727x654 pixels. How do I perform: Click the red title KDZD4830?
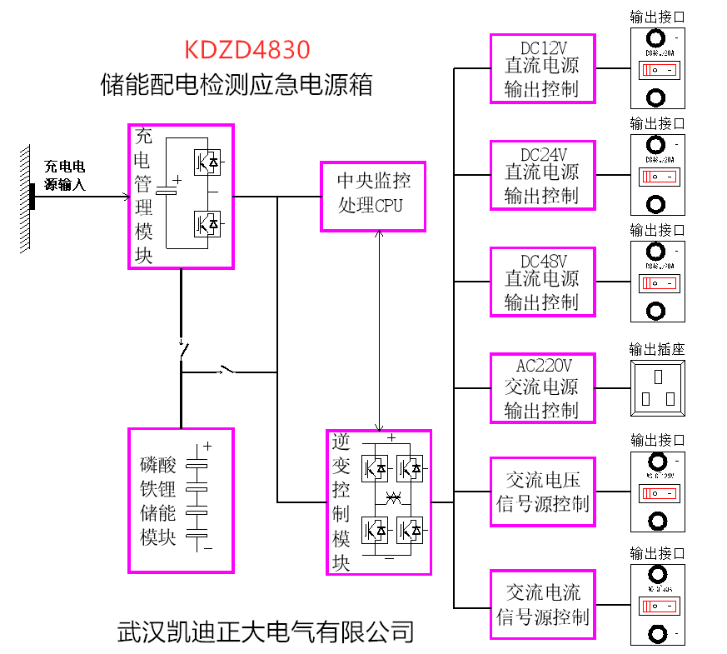(x=248, y=50)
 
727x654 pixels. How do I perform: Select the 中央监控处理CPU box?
(x=374, y=195)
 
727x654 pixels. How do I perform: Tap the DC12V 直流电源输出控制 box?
(x=542, y=67)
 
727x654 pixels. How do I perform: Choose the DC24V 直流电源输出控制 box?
(x=542, y=174)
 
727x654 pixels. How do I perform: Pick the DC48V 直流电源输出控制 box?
(x=542, y=281)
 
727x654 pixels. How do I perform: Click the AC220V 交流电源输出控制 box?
(x=542, y=387)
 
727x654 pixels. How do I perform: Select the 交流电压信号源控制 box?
(x=542, y=492)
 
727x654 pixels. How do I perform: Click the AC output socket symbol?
(x=657, y=387)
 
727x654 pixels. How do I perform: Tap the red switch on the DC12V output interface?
(x=657, y=70)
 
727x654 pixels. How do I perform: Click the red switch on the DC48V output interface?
(x=657, y=283)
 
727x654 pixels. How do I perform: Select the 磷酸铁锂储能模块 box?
(x=181, y=500)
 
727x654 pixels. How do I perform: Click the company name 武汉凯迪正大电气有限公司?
(x=266, y=632)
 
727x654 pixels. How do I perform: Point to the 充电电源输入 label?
(x=65, y=176)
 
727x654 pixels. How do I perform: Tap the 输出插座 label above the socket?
(x=657, y=350)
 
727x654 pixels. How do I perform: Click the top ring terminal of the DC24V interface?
(x=657, y=145)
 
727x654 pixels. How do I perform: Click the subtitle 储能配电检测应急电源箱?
(x=236, y=85)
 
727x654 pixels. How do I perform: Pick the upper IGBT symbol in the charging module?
(x=207, y=161)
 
